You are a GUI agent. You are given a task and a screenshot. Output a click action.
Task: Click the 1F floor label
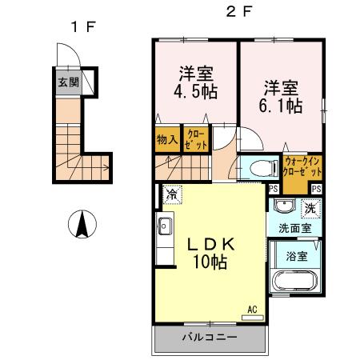point(82,27)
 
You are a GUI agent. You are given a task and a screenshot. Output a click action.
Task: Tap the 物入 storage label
point(166,139)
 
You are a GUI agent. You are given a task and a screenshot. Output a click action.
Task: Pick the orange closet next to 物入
point(194,139)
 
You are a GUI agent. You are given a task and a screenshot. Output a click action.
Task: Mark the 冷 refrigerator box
point(171,193)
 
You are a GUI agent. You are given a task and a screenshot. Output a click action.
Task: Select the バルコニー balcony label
point(208,338)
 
